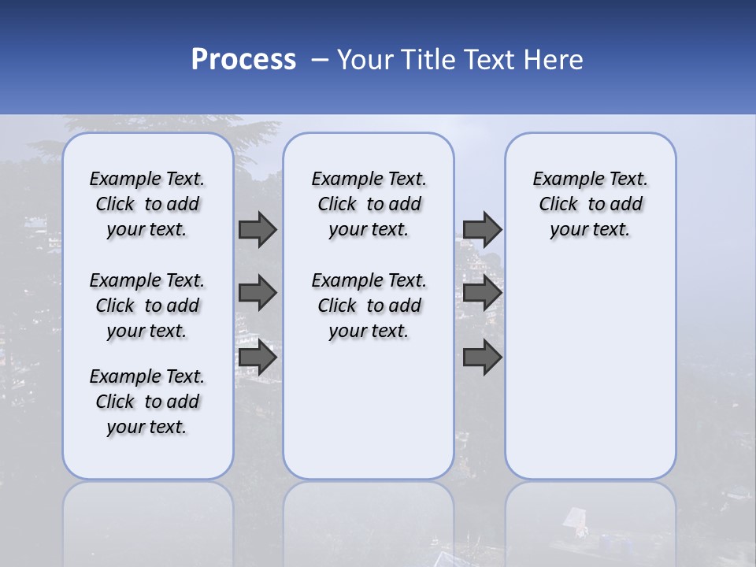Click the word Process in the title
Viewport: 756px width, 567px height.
243,60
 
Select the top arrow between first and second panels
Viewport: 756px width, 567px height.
258,229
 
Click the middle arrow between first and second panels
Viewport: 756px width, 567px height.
258,293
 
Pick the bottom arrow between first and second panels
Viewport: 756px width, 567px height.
258,358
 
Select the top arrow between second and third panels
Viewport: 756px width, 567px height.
483,229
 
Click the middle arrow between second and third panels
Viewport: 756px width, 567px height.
483,293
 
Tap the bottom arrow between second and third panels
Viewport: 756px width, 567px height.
483,358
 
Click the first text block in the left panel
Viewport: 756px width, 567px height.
147,204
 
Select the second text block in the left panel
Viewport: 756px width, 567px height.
147,306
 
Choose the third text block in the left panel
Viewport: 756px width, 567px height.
147,402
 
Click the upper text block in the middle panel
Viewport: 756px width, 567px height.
369,204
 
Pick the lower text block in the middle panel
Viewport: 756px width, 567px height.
369,306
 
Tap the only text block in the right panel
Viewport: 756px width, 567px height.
590,204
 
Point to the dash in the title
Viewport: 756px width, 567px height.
320,60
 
